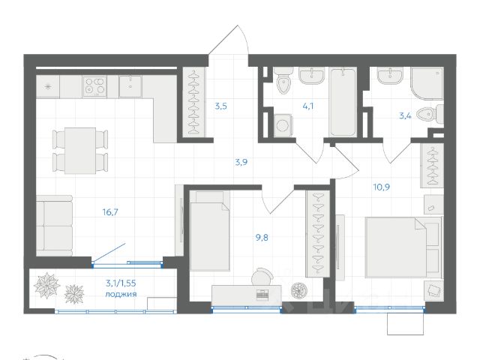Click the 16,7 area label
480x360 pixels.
(110, 211)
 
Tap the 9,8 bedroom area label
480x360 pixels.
(262, 237)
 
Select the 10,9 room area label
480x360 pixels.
(382, 187)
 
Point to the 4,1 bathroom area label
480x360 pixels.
(307, 106)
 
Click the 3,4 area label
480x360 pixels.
(405, 116)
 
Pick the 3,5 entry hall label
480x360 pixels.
(220, 106)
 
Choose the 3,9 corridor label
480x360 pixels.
(241, 162)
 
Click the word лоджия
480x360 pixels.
(121, 295)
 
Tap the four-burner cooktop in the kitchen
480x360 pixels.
(95, 85)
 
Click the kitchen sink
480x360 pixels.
(130, 86)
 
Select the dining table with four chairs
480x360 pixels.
(80, 151)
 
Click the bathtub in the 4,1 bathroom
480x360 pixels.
(343, 102)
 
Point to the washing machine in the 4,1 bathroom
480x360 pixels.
(283, 125)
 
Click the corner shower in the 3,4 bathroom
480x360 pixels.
(427, 83)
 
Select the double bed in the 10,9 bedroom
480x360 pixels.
(403, 247)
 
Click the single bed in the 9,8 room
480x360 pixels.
(210, 232)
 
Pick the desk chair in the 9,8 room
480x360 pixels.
(262, 277)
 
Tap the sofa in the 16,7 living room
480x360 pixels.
(55, 226)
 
